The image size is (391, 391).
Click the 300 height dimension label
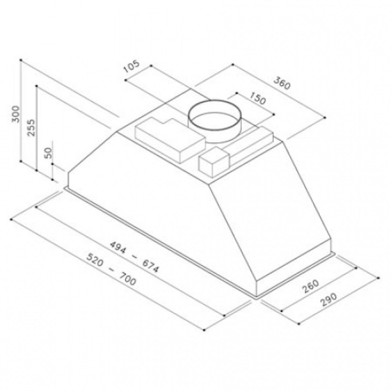[16, 114]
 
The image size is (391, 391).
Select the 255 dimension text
[31, 128]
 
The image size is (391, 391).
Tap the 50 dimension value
[48, 153]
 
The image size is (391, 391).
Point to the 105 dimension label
[131, 66]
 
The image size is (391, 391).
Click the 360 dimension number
[282, 83]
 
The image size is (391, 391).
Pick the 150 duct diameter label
[258, 98]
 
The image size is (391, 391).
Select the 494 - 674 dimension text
[134, 257]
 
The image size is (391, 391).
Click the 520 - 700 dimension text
[111, 269]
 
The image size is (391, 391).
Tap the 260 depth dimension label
[311, 286]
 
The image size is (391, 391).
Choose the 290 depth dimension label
[329, 299]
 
